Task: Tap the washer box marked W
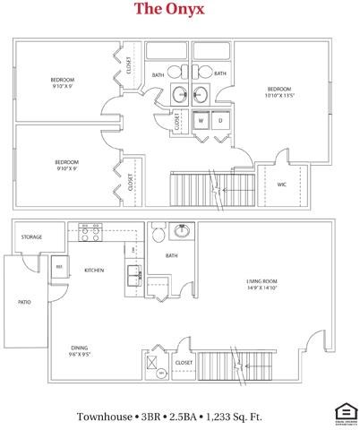[x=201, y=119]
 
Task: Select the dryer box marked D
[x=219, y=119]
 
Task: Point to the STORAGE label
[x=31, y=238]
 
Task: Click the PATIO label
[x=24, y=302]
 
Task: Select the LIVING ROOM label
[x=264, y=282]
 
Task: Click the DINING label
[x=79, y=347]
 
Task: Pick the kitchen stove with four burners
[x=90, y=234]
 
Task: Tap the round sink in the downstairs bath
[x=183, y=230]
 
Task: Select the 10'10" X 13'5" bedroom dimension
[x=280, y=96]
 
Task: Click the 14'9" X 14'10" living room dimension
[x=264, y=289]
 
